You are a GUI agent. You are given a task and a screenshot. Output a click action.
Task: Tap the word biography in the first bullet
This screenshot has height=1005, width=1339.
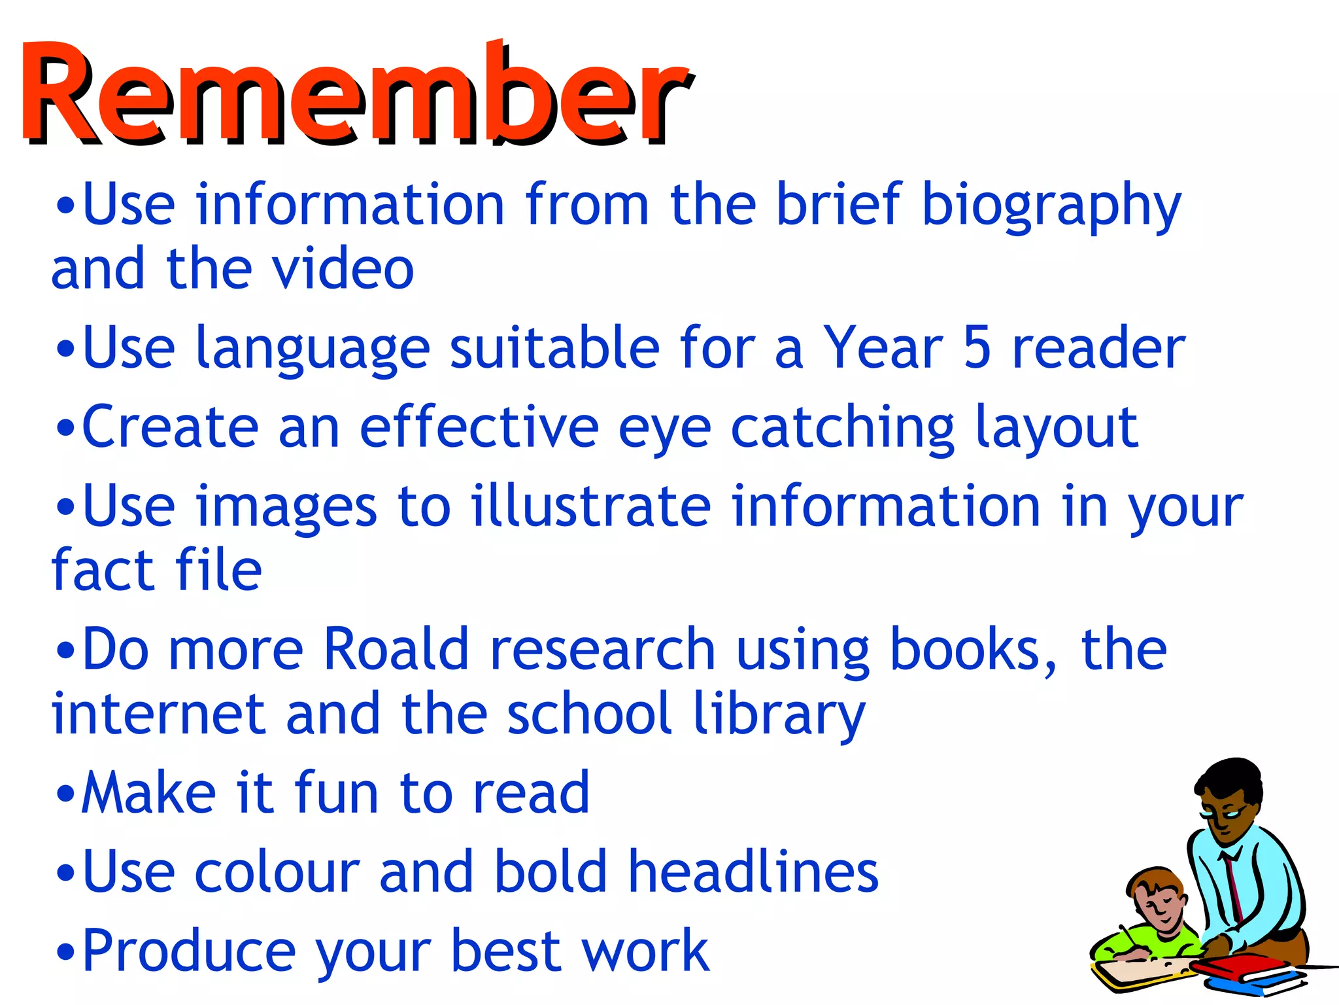tap(1051, 206)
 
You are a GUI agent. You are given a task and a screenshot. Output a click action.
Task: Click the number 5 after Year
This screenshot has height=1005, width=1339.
tap(977, 348)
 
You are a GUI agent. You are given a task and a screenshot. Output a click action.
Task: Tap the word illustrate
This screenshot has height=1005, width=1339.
tap(591, 506)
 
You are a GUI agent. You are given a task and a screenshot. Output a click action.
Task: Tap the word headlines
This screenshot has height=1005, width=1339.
tap(753, 872)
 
